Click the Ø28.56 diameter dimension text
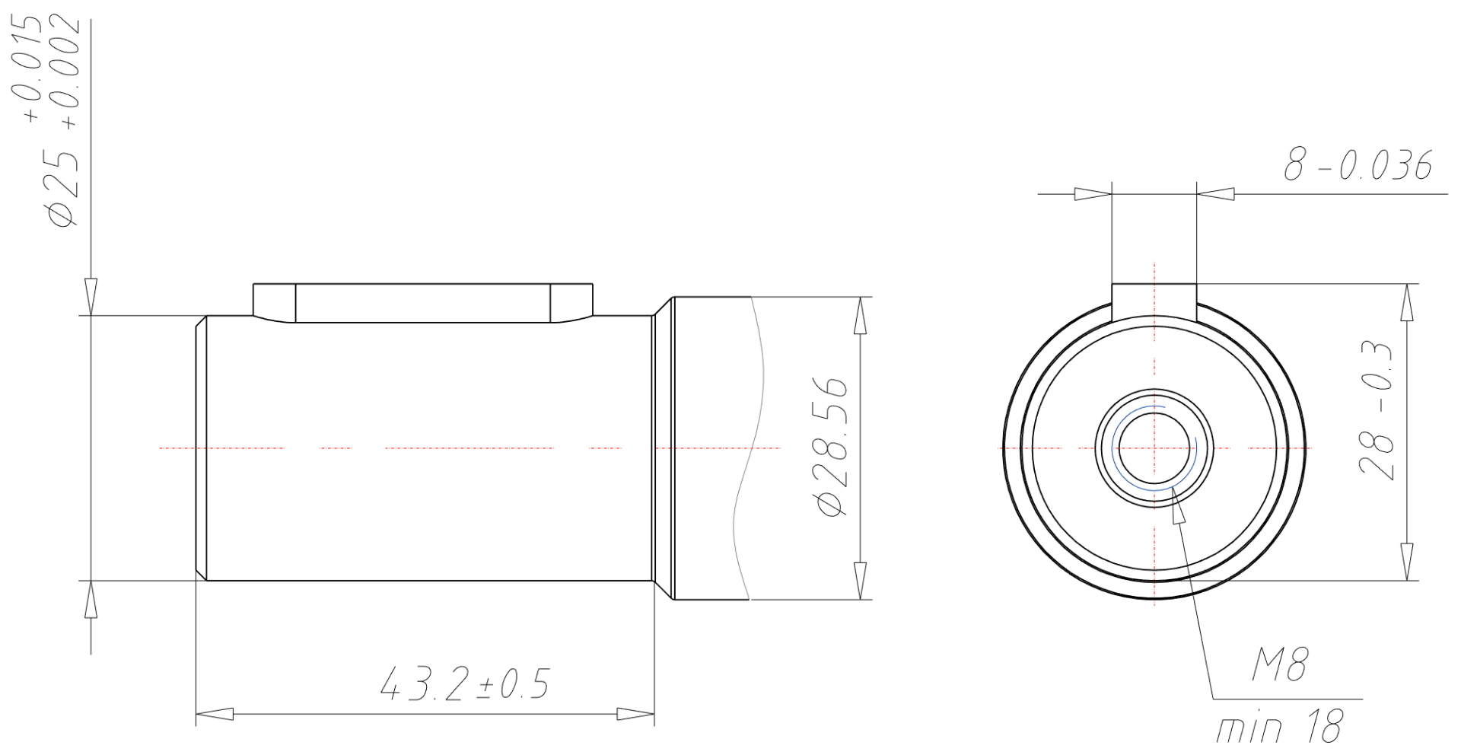click(x=829, y=446)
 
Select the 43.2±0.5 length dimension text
click(x=464, y=684)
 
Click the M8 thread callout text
click(x=1279, y=666)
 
